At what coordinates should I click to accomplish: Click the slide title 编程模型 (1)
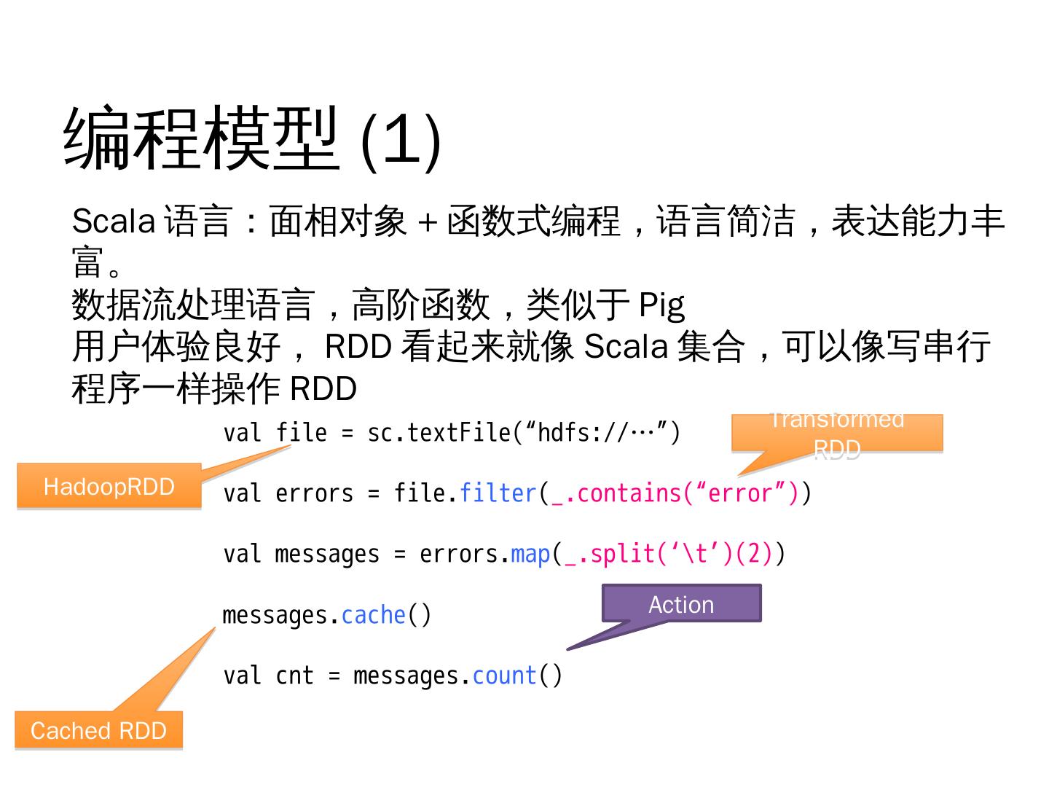pos(253,138)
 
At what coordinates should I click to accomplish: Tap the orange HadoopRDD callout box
pos(109,486)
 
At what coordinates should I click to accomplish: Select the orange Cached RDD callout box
pos(98,730)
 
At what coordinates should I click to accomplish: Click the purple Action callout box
pos(681,604)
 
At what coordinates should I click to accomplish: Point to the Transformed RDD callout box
pos(837,434)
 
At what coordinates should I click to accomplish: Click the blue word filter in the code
pos(498,493)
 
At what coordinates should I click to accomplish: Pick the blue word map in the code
pos(530,554)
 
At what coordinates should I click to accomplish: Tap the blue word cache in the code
pos(373,615)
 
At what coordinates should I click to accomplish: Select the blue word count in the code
pos(504,676)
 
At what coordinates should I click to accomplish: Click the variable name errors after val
pos(314,493)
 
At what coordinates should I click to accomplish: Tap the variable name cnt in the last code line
pos(294,676)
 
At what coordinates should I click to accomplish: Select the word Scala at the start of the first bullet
pos(113,221)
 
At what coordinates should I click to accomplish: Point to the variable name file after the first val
pos(301,433)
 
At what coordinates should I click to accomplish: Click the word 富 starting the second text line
pos(88,262)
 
